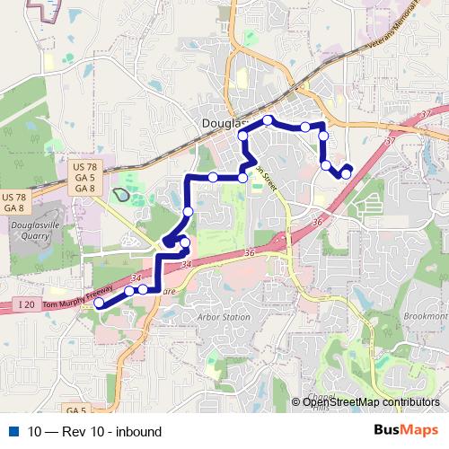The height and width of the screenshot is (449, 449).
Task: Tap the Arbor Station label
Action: click(x=224, y=317)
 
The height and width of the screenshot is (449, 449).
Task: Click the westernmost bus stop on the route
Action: click(x=99, y=304)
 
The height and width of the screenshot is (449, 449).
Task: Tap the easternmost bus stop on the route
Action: click(x=347, y=172)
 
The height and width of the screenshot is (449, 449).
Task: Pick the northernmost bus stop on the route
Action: click(x=268, y=119)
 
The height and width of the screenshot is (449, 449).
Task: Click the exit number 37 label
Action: click(x=388, y=141)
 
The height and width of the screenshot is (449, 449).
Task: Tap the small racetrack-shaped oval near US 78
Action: click(x=120, y=193)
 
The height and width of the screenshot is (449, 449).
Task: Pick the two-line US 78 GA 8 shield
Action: click(x=14, y=203)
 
